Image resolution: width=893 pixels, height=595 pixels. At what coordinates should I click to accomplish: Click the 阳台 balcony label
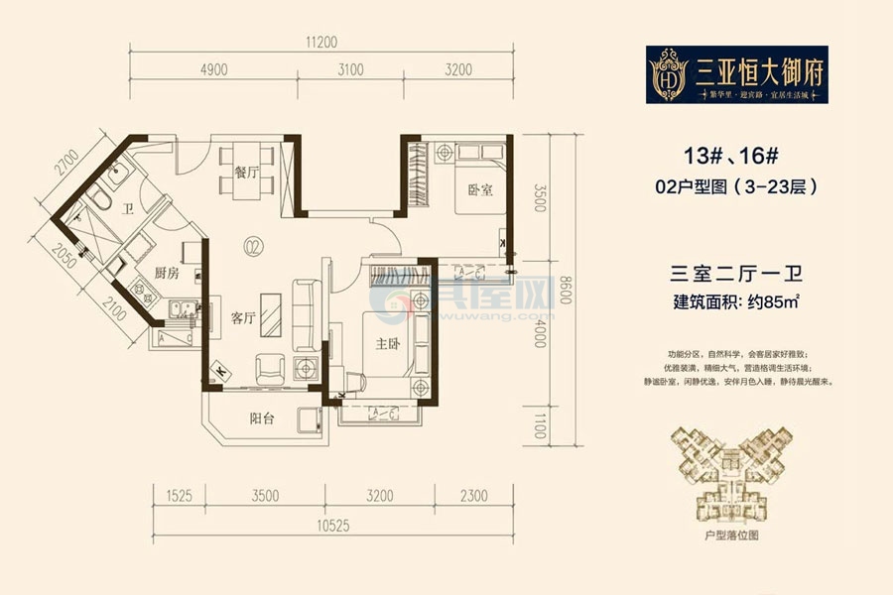(264, 418)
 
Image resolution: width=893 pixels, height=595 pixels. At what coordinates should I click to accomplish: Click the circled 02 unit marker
(254, 245)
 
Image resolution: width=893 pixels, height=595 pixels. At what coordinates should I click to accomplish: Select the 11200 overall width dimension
(323, 42)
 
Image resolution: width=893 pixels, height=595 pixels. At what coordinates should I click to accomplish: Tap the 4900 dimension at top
(214, 69)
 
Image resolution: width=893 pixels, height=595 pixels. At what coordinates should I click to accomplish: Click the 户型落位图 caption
(734, 535)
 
